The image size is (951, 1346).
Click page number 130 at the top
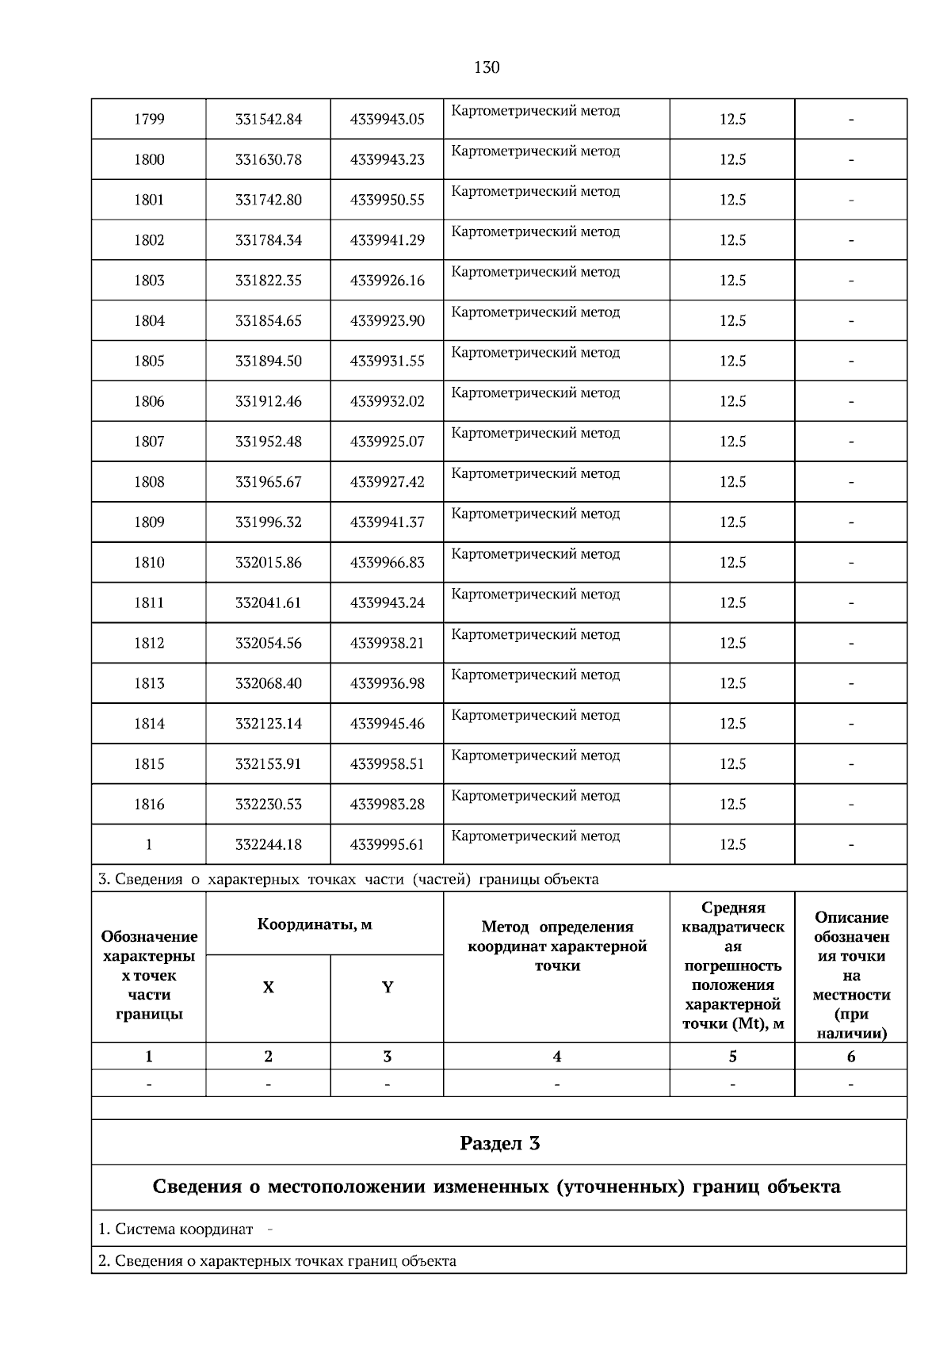click(x=487, y=67)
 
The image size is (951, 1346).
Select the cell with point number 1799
click(x=149, y=120)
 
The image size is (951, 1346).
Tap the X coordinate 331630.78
click(x=268, y=160)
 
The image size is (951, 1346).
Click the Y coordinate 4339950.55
click(x=387, y=201)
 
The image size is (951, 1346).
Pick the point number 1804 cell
click(x=149, y=321)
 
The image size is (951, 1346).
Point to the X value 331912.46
click(x=268, y=402)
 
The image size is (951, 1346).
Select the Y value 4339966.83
click(x=387, y=563)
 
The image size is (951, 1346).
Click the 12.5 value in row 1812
click(x=732, y=644)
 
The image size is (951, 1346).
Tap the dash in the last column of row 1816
click(x=851, y=805)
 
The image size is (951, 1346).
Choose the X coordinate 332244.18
click(x=268, y=845)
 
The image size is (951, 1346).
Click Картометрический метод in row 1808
click(x=536, y=474)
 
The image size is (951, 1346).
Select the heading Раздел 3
click(x=499, y=1143)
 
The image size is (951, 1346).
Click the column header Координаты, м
click(x=315, y=924)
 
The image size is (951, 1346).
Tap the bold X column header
click(x=268, y=988)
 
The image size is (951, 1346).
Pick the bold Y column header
click(x=387, y=988)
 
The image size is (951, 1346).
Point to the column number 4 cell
click(x=556, y=1057)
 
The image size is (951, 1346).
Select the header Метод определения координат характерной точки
click(x=556, y=946)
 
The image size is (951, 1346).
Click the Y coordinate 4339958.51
click(x=387, y=764)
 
